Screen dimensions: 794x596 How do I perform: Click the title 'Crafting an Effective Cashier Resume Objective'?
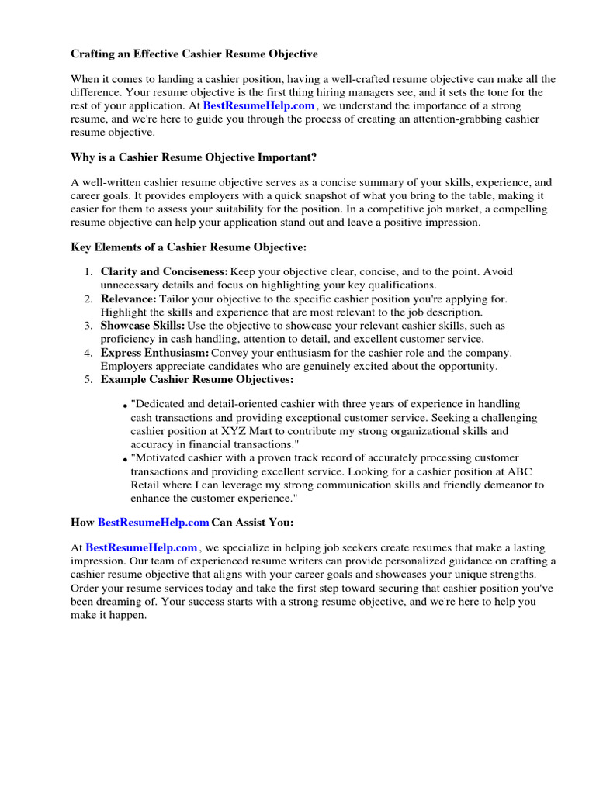[x=194, y=54]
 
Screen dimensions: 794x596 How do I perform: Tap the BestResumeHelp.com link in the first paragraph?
[x=258, y=105]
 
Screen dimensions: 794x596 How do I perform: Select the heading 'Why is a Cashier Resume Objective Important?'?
[x=193, y=157]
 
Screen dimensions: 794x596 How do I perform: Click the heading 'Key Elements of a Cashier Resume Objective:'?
[x=189, y=247]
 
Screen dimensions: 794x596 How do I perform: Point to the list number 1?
[x=88, y=272]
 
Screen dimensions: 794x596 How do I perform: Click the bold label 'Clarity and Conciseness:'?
[x=164, y=272]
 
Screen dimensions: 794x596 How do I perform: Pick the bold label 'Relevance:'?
[x=128, y=299]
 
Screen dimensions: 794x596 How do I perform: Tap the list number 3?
[x=88, y=326]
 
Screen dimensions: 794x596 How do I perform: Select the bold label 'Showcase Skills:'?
[x=143, y=326]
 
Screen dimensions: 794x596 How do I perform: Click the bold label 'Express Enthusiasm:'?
[x=154, y=353]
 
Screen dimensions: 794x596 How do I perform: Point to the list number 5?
[x=88, y=379]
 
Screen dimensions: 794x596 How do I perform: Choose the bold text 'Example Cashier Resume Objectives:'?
[x=197, y=379]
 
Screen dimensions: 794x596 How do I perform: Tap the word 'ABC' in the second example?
[x=532, y=471]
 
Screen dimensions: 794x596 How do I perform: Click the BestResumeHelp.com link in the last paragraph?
[x=141, y=547]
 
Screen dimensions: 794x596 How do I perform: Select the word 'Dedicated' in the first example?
[x=161, y=404]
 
